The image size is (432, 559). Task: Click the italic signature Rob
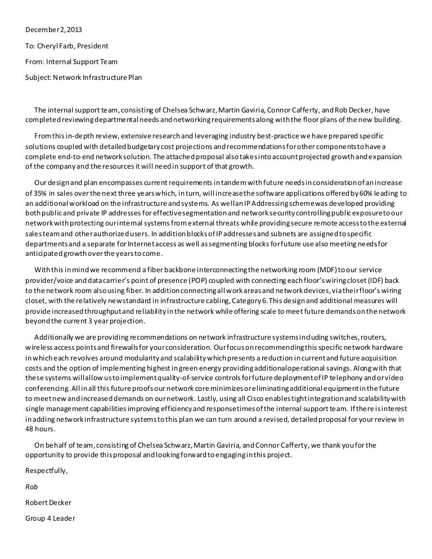pyautogui.click(x=31, y=486)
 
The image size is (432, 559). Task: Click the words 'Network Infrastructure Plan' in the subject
pyautogui.click(x=97, y=77)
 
